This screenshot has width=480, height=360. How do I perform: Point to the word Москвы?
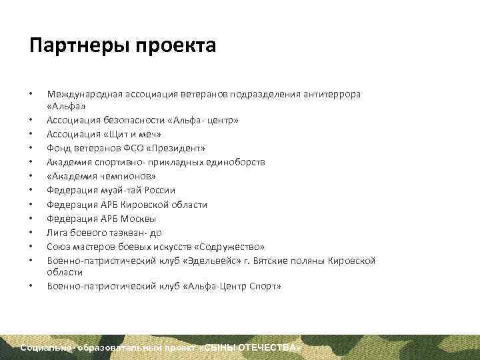(141, 219)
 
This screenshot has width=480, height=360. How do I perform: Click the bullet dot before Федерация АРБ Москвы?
(32, 219)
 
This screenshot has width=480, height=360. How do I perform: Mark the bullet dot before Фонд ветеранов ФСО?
(32, 147)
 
